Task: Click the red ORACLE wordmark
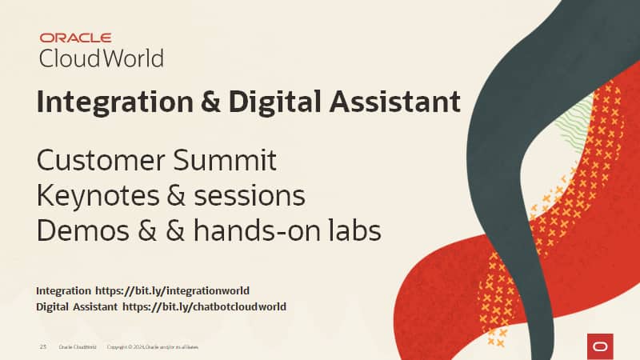[x=75, y=37]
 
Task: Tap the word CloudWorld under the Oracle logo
[x=101, y=58]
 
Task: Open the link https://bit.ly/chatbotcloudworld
[x=204, y=306]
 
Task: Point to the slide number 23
[x=43, y=347]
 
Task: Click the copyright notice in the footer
[x=152, y=347]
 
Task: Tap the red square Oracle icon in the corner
[x=599, y=346]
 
